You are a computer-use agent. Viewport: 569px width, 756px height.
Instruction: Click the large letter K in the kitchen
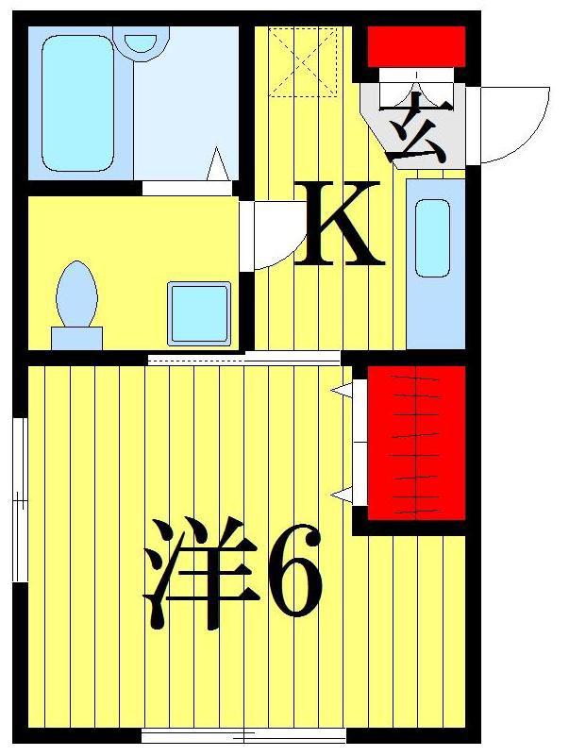[x=338, y=224]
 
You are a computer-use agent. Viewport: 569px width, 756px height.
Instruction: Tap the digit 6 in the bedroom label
[x=294, y=571]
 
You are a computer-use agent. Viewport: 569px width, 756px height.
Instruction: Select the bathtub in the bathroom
[x=77, y=103]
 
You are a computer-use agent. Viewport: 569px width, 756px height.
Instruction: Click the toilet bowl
[x=76, y=294]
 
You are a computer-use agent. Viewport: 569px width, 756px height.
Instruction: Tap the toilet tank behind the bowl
[x=76, y=338]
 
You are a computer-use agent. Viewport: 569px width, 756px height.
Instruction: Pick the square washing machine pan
[x=199, y=314]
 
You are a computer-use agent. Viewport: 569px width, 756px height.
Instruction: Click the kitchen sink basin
[x=432, y=238]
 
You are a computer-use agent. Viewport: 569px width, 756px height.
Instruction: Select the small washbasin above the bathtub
[x=141, y=42]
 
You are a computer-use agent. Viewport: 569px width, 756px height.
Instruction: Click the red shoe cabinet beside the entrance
[x=417, y=46]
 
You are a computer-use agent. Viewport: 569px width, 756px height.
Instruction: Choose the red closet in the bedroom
[x=417, y=443]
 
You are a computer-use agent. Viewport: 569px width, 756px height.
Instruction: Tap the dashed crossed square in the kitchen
[x=303, y=62]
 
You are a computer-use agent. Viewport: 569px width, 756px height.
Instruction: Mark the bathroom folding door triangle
[x=217, y=163]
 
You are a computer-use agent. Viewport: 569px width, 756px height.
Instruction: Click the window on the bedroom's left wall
[x=20, y=499]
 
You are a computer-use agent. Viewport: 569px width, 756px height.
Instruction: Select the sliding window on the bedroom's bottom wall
[x=244, y=736]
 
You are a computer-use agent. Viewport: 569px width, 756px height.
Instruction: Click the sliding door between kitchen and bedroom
[x=244, y=359]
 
